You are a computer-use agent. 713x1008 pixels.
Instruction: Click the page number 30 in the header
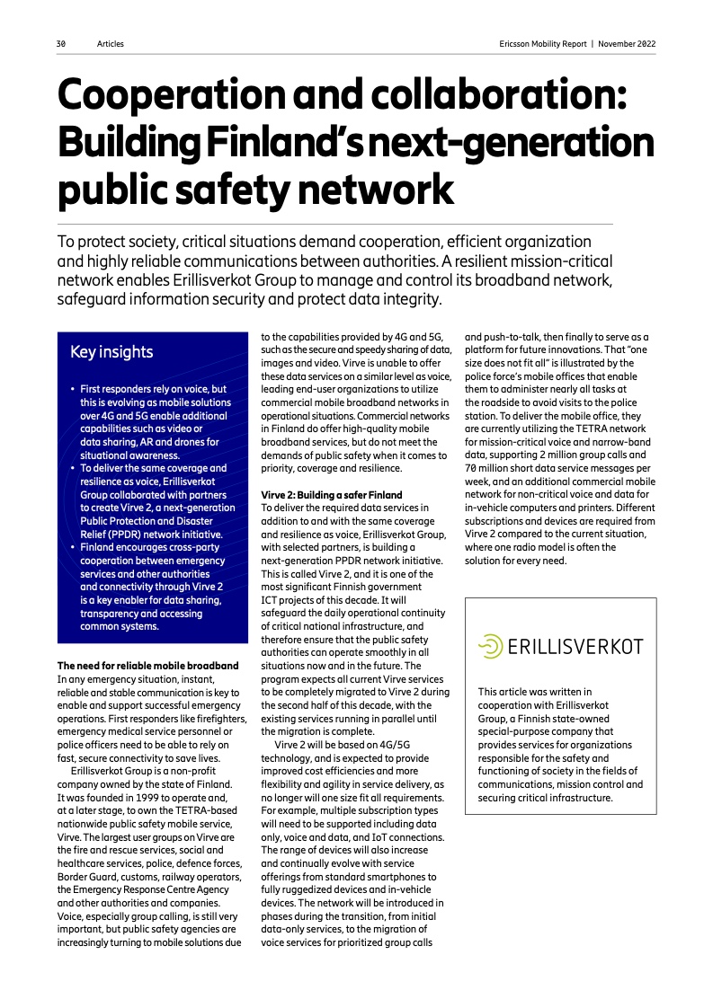point(60,43)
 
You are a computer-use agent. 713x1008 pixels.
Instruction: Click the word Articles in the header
point(111,43)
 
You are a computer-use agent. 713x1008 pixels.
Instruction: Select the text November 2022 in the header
point(627,43)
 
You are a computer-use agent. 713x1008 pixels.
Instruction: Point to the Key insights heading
point(111,352)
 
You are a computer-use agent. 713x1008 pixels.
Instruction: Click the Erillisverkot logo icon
point(490,646)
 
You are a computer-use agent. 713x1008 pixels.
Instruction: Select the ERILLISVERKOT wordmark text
point(575,647)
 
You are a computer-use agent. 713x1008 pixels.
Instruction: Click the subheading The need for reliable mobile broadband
point(148,666)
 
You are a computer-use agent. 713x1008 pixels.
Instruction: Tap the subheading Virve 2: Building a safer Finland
point(332,495)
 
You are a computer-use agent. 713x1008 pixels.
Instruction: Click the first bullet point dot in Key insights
point(72,390)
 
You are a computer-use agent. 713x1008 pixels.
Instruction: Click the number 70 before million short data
point(471,468)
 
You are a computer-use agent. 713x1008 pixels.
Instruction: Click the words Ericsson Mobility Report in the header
point(541,43)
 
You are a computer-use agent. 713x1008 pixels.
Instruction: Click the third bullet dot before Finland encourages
point(72,546)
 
